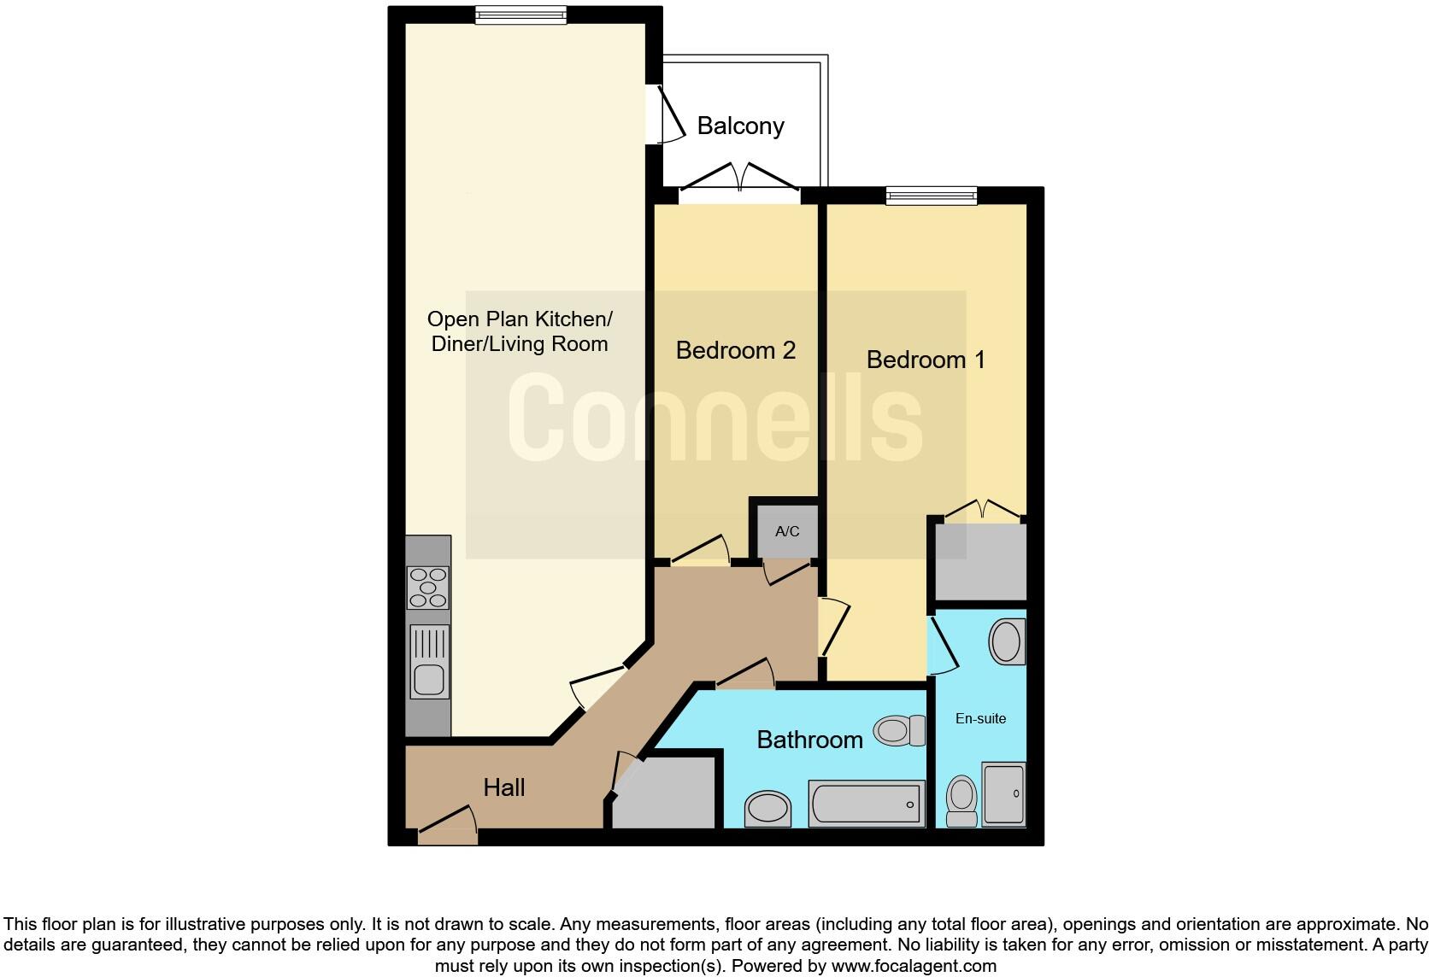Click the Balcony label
pos(740,126)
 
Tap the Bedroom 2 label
pos(735,350)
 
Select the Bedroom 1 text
pos(926,360)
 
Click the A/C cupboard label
pos(787,531)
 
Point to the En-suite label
pos(980,719)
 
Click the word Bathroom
pos(809,740)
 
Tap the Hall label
pos(504,787)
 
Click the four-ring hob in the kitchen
pos(428,588)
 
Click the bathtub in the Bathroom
pos(866,804)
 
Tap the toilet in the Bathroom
pos(899,731)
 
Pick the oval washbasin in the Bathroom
pos(767,807)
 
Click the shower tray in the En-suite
pos(1003,794)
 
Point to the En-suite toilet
pos(962,800)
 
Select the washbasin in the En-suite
pos(1007,641)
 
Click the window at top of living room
pos(520,15)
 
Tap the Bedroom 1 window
pos(931,196)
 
